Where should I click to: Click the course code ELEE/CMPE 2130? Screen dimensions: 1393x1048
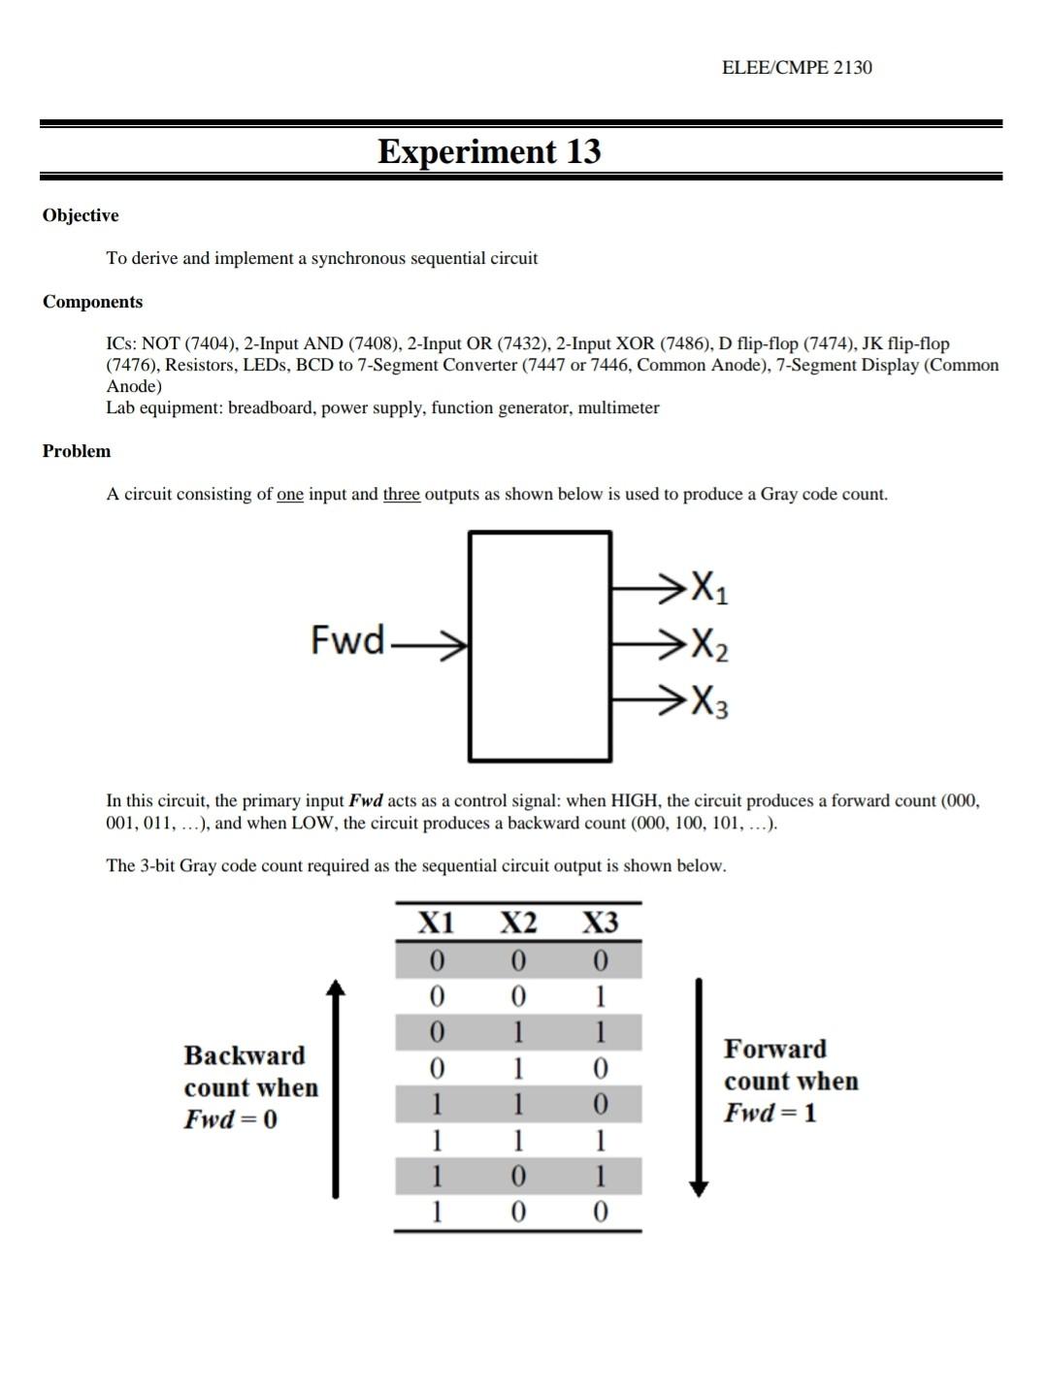point(797,67)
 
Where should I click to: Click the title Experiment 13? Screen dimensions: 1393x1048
point(489,151)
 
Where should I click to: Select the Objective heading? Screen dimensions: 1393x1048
point(81,215)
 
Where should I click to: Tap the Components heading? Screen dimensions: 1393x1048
point(92,302)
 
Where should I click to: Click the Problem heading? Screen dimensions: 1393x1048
point(77,451)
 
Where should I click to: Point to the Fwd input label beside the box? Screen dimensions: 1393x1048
point(347,640)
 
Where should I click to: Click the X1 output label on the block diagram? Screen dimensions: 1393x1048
point(708,587)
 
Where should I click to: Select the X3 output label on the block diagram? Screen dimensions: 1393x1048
point(708,700)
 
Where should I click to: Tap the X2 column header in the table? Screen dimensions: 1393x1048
point(518,923)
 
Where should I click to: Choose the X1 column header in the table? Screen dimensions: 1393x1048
point(436,923)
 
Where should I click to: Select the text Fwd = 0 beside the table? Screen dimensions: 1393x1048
point(231,1119)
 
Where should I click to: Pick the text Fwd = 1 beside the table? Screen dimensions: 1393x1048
point(770,1113)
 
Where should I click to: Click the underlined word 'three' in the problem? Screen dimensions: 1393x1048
point(401,495)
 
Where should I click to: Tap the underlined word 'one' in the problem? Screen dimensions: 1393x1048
point(290,495)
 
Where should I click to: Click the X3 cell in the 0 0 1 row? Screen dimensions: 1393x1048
point(600,996)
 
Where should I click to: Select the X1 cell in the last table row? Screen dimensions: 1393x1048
point(436,1212)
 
